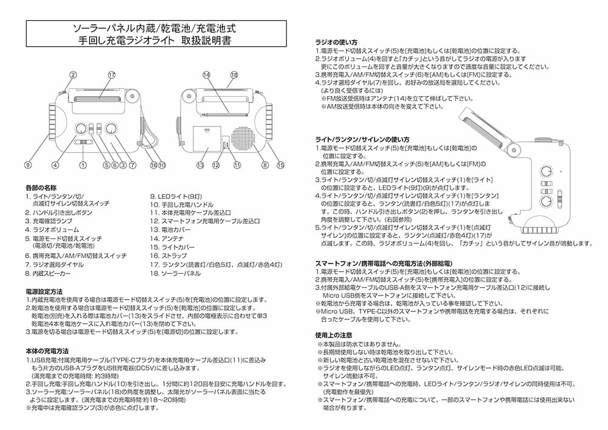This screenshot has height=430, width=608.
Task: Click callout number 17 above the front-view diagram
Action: pyautogui.click(x=112, y=74)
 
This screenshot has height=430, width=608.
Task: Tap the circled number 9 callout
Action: pyautogui.click(x=28, y=165)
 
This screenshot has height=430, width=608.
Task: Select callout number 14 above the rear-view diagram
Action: pyautogui.click(x=207, y=74)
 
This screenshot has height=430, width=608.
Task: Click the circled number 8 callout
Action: pyautogui.click(x=264, y=165)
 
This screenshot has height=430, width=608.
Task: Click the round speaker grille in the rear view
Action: pyautogui.click(x=246, y=139)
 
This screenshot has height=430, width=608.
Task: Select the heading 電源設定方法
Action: pyautogui.click(x=44, y=291)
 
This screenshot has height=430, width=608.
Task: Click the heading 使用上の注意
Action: pyautogui.click(x=334, y=335)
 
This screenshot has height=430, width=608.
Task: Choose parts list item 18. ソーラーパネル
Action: pyautogui.click(x=175, y=274)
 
